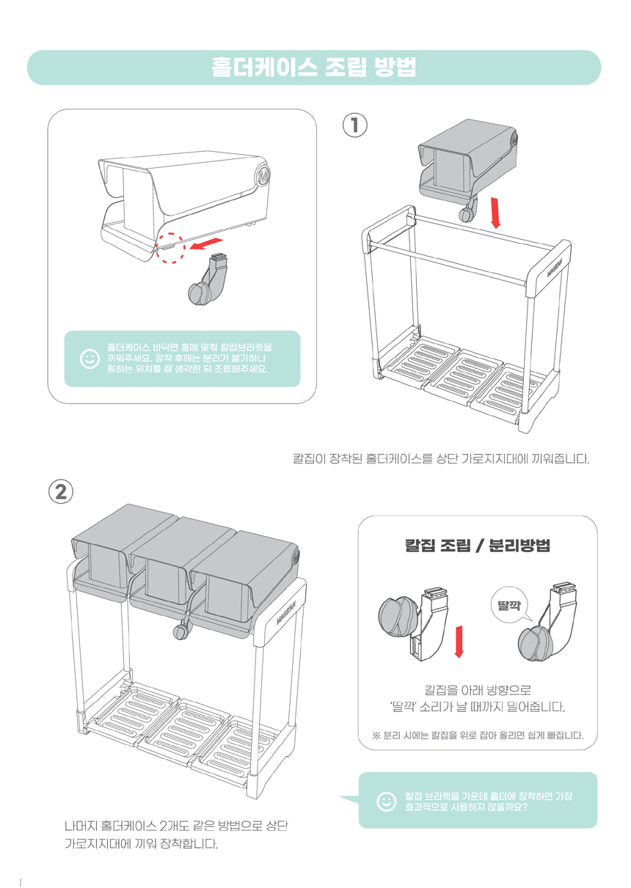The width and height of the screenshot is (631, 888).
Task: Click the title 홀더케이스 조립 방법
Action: (313, 67)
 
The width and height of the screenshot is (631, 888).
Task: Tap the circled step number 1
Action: (354, 125)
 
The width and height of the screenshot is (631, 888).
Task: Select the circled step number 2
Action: (61, 492)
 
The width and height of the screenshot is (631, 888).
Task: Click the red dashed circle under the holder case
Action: (170, 248)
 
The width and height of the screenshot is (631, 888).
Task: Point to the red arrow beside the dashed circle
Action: (207, 243)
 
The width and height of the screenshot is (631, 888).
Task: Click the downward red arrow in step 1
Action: (495, 213)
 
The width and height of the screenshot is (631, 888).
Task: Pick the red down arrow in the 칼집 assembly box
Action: (459, 642)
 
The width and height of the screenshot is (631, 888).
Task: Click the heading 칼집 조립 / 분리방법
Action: (478, 546)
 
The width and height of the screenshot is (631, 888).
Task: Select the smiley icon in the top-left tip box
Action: (90, 359)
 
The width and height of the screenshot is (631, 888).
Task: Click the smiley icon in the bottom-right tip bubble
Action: (386, 801)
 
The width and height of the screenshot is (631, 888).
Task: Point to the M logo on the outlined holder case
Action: (263, 175)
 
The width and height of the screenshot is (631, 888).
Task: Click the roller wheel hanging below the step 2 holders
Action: (180, 631)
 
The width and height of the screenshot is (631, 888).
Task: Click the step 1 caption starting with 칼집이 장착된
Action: (441, 459)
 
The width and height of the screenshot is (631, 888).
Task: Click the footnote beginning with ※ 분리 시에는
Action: (478, 735)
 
